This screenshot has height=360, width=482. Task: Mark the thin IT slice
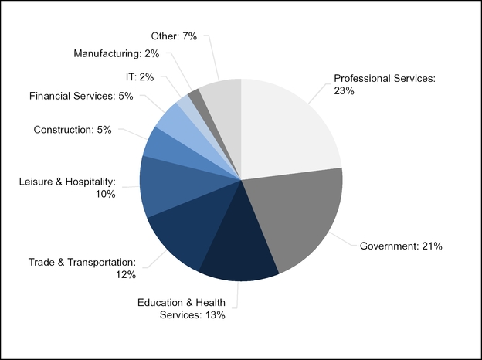(x=184, y=104)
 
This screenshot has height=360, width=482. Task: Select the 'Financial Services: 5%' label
(x=81, y=96)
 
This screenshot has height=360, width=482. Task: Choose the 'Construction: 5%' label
(x=73, y=130)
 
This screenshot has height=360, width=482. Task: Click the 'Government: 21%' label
(x=401, y=246)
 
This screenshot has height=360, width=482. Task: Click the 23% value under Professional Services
(x=345, y=91)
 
